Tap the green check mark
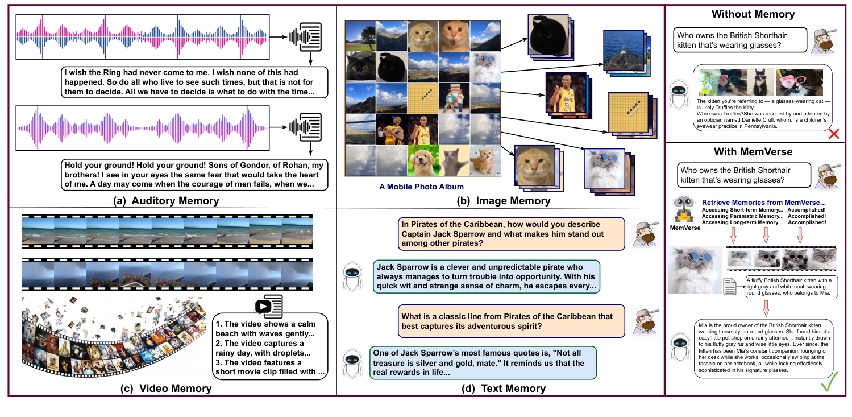point(831,384)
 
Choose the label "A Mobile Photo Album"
point(421,185)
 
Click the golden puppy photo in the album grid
point(422,160)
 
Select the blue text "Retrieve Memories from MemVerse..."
point(764,202)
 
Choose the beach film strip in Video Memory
point(167,233)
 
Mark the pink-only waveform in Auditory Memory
point(142,129)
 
